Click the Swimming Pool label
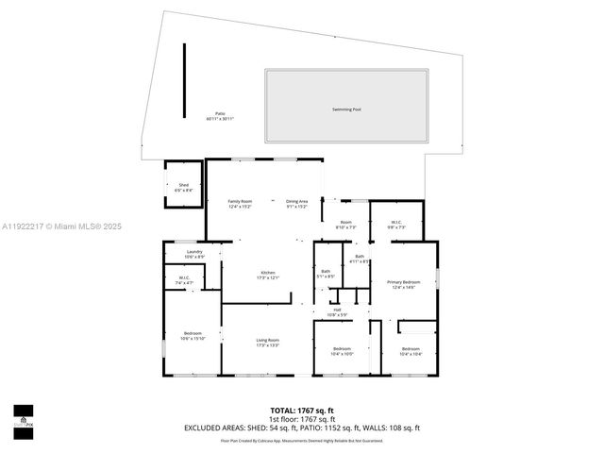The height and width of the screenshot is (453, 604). pyautogui.click(x=346, y=109)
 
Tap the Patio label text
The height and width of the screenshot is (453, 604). pyautogui.click(x=220, y=116)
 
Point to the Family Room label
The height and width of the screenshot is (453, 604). pyautogui.click(x=240, y=203)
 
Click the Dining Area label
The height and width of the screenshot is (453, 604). pyautogui.click(x=297, y=203)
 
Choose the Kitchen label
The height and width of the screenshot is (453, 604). pyautogui.click(x=268, y=276)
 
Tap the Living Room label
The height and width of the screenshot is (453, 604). pyautogui.click(x=268, y=343)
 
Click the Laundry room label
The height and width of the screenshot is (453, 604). pyautogui.click(x=195, y=254)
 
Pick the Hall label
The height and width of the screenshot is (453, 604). pyautogui.click(x=337, y=312)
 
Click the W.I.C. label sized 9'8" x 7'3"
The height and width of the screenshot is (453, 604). pyautogui.click(x=395, y=226)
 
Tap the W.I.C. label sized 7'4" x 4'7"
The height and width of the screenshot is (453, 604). pyautogui.click(x=185, y=280)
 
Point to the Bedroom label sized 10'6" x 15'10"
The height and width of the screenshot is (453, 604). pyautogui.click(x=193, y=337)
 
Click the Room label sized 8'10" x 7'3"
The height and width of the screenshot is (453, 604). pyautogui.click(x=346, y=226)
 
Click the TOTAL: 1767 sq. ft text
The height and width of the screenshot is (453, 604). pyautogui.click(x=302, y=411)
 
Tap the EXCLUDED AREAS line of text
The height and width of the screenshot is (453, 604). pyautogui.click(x=302, y=427)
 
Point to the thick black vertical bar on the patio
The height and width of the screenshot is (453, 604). pyautogui.click(x=184, y=80)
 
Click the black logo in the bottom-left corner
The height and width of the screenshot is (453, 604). pyautogui.click(x=22, y=416)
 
